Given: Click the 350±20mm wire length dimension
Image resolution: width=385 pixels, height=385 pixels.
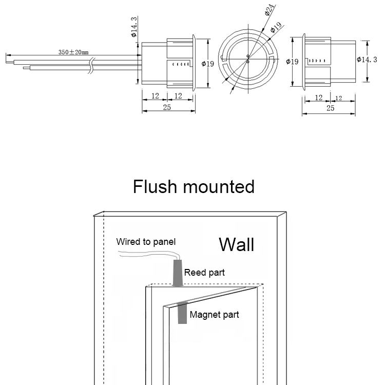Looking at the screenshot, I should pos(73,52).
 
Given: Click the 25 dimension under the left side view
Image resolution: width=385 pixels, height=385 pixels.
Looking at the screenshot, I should pos(167,107).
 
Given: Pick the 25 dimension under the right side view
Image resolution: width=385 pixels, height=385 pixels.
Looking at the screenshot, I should pos(330,108).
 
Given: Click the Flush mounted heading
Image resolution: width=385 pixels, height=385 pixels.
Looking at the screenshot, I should pos(194,186).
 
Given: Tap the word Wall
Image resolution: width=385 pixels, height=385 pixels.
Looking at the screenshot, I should pos(236,244).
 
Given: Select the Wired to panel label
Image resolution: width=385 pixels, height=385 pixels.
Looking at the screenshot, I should pos(146,242).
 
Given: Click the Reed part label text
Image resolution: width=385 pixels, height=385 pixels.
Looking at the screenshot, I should pos(204,273).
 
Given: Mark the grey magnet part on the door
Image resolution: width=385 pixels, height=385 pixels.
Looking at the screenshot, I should pos(182,313).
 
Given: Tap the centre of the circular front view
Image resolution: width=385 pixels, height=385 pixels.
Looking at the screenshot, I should pos(247,59).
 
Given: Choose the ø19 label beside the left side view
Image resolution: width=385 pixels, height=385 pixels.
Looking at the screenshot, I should pos(208,64).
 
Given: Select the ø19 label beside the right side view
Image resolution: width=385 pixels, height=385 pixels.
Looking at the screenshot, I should pos(292,62).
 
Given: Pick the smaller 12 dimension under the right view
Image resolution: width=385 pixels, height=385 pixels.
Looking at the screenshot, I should pos(338,98).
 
